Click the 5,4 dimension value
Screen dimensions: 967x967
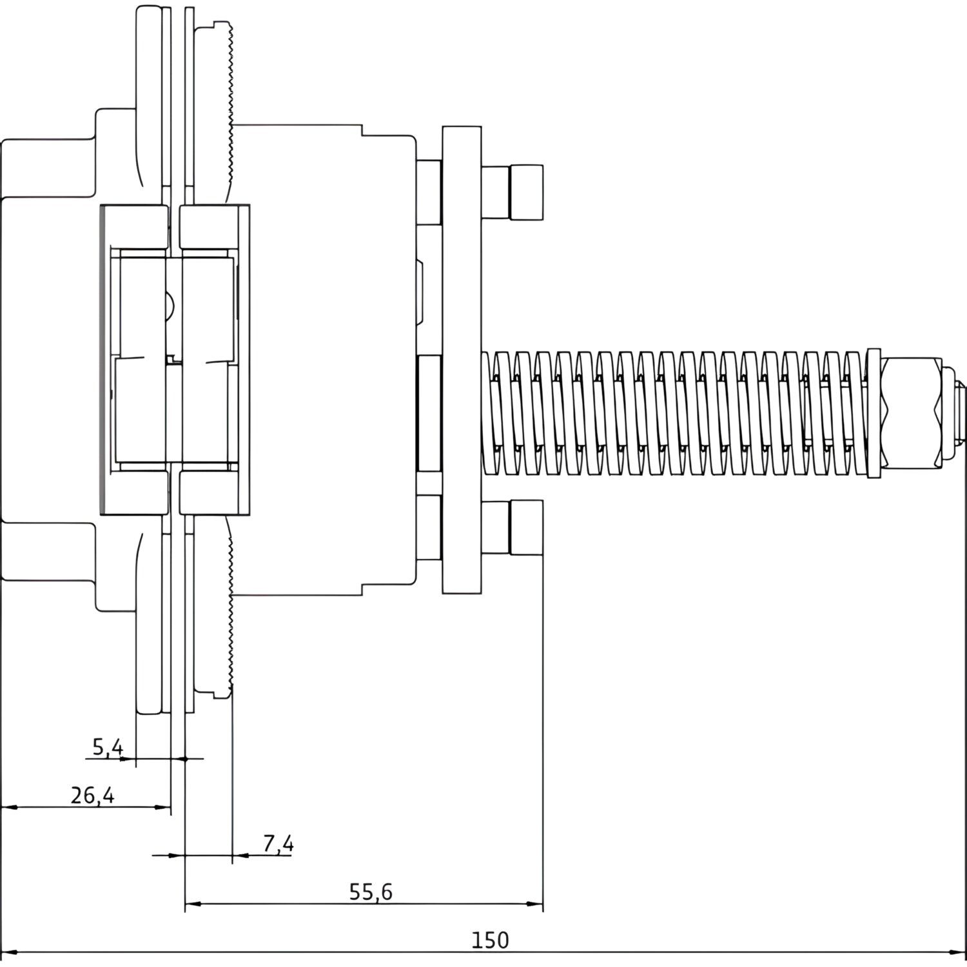[x=107, y=747]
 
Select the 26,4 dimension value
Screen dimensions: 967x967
[x=92, y=796]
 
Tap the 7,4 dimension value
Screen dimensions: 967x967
[x=278, y=843]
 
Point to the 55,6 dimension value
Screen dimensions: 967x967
[x=371, y=892]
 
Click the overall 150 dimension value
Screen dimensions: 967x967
[x=490, y=941]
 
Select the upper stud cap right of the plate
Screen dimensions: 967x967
[x=527, y=192]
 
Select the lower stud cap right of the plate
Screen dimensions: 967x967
[x=527, y=527]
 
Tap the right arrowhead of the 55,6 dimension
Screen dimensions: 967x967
[x=536, y=904]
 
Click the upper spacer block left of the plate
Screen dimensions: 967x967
[x=429, y=192]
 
